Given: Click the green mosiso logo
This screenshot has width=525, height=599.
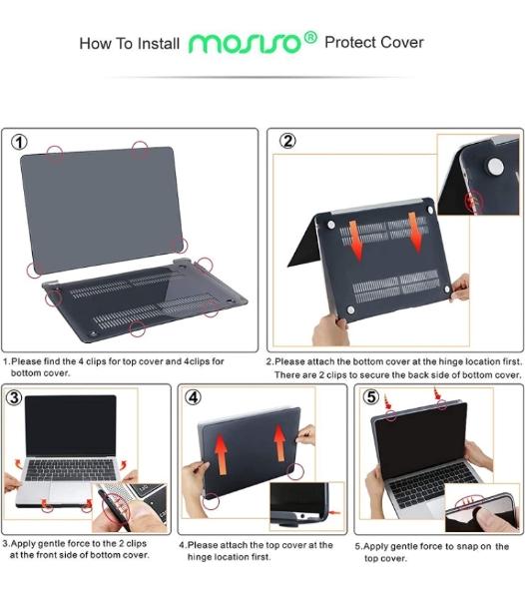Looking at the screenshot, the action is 246,43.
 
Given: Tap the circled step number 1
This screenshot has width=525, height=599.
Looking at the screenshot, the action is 19,142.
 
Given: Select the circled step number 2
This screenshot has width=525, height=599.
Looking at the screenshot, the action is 287,141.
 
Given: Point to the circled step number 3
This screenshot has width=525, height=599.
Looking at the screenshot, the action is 14,397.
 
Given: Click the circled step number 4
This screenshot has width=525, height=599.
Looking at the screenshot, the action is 193,397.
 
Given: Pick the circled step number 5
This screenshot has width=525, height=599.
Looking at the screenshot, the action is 370,397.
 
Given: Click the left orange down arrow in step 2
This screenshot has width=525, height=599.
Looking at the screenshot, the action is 355,240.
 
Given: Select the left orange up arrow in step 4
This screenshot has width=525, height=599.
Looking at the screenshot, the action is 221,454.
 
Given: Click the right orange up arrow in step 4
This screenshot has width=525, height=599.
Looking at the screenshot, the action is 279,442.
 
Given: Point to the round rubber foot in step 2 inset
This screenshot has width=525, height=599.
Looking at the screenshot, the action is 495,166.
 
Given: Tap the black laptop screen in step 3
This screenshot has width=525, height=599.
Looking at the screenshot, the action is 71,425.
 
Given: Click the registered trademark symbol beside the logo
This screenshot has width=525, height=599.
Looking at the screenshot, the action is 310,38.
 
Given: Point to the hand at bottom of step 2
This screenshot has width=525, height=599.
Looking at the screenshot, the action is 329,331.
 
